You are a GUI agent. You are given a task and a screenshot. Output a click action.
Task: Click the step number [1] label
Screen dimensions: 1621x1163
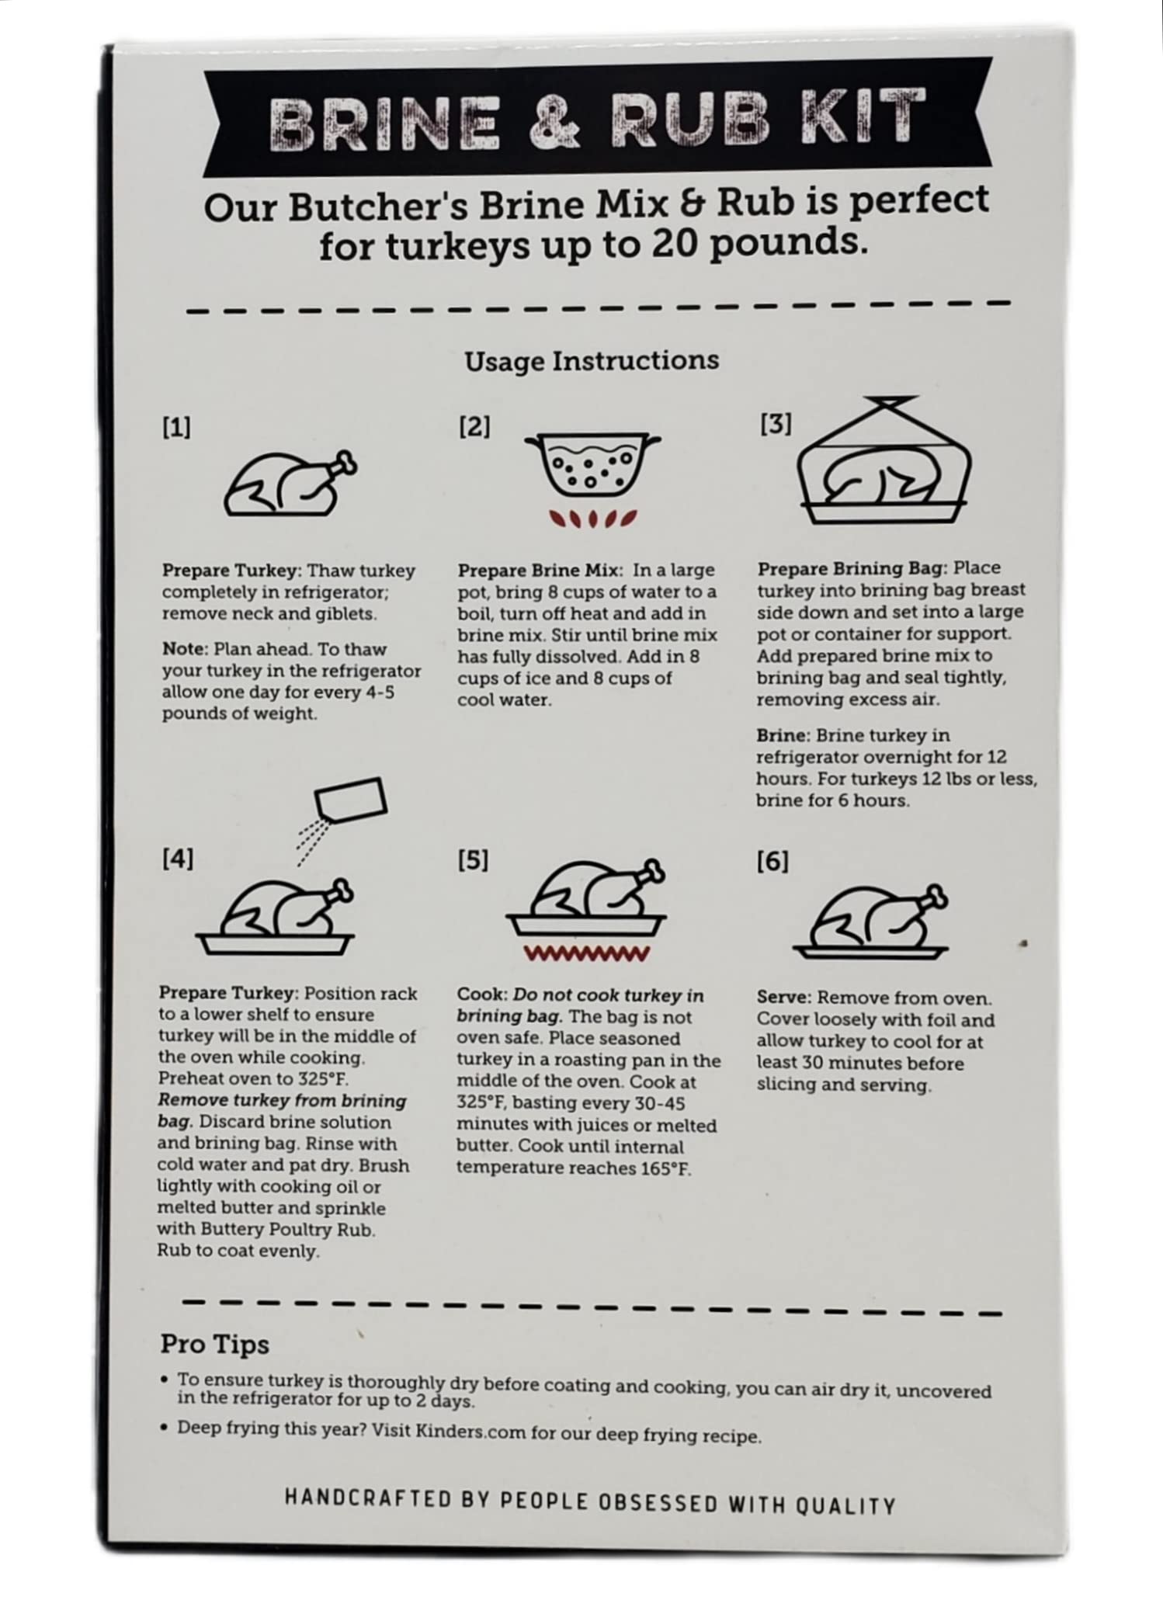[176, 428]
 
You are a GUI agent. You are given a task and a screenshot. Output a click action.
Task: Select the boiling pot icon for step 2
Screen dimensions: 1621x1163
[593, 466]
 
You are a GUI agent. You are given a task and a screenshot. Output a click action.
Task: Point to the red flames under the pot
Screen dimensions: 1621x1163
[593, 518]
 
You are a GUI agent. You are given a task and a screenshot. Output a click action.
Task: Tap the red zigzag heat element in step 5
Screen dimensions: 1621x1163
[587, 954]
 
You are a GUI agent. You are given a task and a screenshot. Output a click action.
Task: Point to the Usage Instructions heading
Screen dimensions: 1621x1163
[592, 361]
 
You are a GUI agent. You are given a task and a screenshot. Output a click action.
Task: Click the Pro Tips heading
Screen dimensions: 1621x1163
[214, 1345]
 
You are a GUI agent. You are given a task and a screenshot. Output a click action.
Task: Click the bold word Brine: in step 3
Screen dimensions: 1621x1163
[783, 735]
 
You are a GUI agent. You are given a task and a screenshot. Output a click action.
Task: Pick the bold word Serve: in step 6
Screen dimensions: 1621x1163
[784, 998]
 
